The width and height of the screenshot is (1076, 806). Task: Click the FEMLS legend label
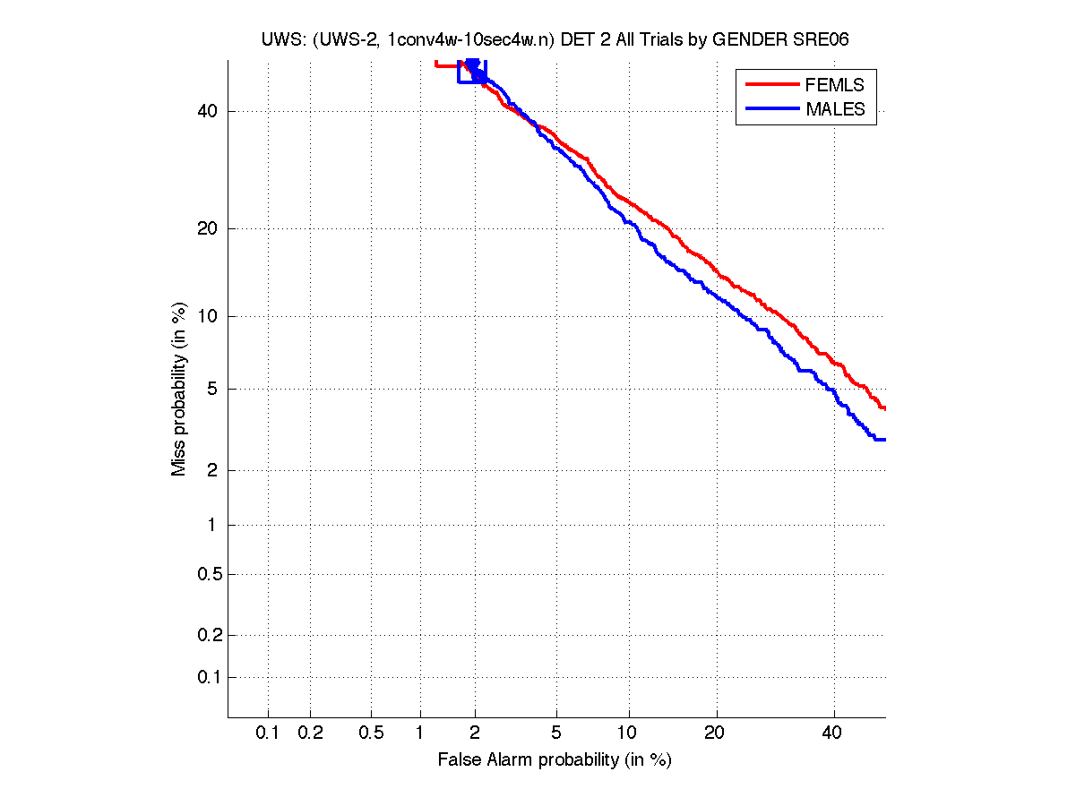click(835, 85)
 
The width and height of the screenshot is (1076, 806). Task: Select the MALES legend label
click(836, 109)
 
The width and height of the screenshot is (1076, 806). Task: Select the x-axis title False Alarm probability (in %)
click(555, 760)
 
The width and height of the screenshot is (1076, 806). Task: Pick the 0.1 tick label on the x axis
click(268, 733)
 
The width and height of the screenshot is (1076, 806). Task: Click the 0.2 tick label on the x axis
click(310, 733)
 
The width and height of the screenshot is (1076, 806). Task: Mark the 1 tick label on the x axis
click(420, 733)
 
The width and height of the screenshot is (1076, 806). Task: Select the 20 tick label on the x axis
click(714, 733)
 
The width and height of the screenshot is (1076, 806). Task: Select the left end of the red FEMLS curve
click(435, 64)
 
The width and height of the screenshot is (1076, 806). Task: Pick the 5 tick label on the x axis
click(556, 733)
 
